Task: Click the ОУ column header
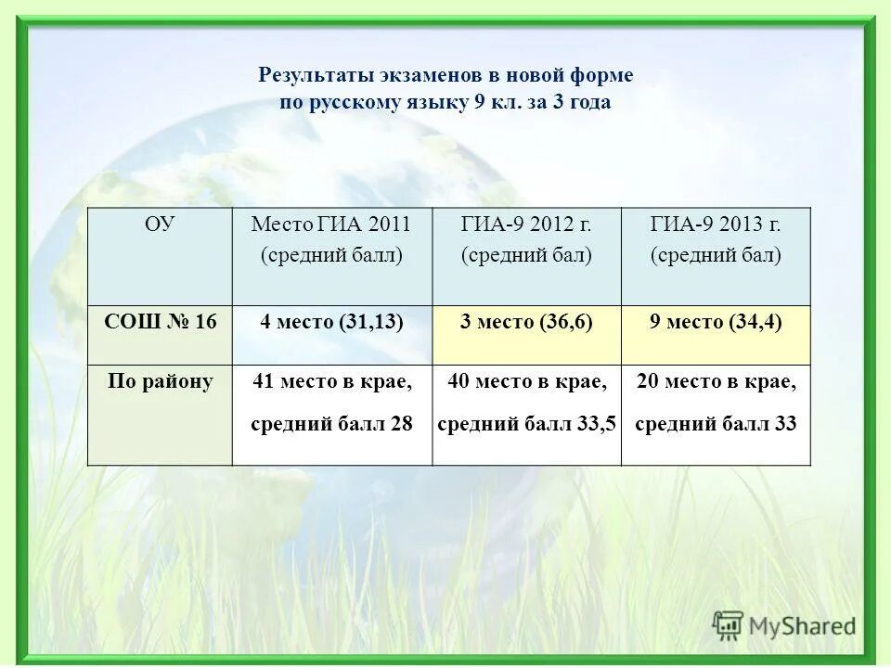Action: click(160, 224)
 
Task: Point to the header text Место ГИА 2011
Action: click(330, 224)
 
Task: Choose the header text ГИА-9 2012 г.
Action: click(526, 224)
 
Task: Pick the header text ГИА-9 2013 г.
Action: click(716, 224)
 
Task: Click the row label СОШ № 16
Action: click(160, 322)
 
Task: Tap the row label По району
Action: click(160, 381)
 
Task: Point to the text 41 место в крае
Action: click(332, 381)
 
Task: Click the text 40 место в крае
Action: click(527, 381)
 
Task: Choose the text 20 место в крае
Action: click(716, 381)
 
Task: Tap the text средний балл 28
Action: click(331, 424)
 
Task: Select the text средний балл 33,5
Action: click(526, 424)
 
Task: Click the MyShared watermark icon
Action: click(729, 624)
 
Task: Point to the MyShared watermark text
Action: click(803, 626)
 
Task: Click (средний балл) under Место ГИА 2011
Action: click(331, 255)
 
